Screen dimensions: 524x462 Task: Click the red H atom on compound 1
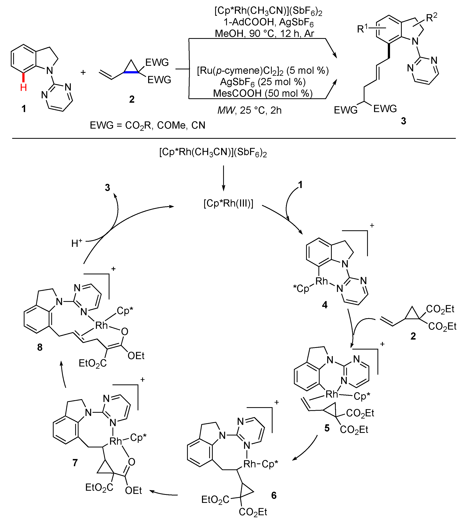[23, 88]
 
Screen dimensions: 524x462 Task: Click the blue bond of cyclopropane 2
[131, 73]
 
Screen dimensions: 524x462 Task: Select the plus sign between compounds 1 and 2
[83, 73]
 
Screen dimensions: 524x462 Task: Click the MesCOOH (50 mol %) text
[263, 93]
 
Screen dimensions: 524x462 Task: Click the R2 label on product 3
[431, 17]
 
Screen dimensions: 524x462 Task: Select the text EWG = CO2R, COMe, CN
[147, 125]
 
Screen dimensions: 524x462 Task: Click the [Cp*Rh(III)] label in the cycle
[228, 203]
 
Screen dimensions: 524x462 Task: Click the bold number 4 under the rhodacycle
[325, 305]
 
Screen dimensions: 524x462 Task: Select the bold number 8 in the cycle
[40, 347]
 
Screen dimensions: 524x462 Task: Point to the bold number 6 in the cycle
[274, 495]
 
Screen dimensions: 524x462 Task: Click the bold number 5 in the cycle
[327, 428]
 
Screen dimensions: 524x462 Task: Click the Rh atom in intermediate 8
[101, 326]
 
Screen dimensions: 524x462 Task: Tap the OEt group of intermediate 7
[133, 491]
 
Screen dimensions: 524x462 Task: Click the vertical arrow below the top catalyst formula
[223, 178]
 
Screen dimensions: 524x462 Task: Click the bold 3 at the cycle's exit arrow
[107, 188]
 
